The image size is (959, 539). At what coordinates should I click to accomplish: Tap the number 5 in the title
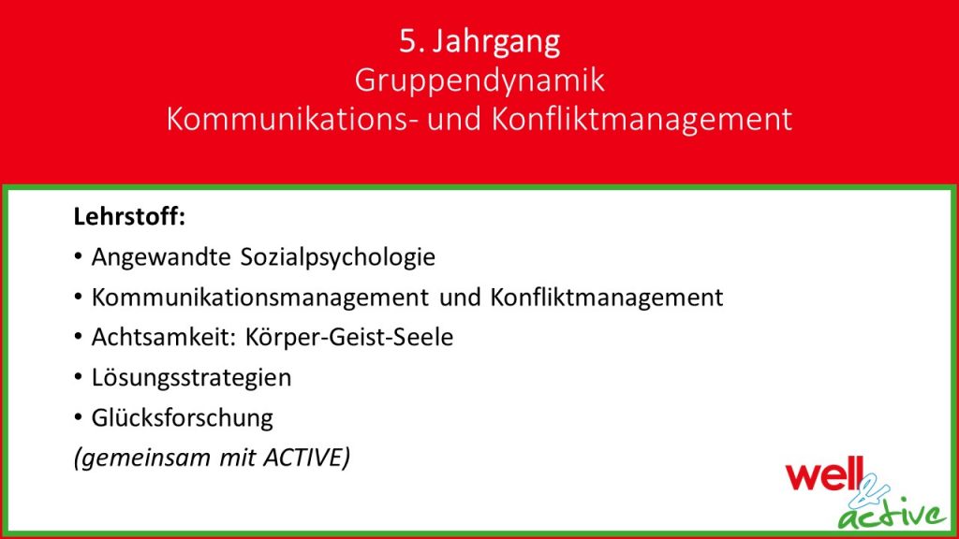tap(407, 41)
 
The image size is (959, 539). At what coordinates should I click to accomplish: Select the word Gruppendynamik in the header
tap(479, 81)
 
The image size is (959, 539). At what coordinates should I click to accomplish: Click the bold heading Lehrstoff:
tap(129, 216)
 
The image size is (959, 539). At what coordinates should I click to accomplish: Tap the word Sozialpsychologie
tap(337, 257)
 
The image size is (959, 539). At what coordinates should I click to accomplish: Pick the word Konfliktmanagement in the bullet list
tap(606, 298)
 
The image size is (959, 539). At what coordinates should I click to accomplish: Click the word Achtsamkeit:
tap(163, 337)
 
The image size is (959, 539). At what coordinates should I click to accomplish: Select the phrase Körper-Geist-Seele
tap(349, 338)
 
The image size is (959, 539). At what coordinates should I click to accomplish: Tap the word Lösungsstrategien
tap(191, 378)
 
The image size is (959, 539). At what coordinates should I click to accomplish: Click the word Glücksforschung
tap(183, 418)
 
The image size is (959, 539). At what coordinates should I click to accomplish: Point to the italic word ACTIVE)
tap(307, 457)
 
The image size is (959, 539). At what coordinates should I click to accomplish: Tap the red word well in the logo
tap(824, 474)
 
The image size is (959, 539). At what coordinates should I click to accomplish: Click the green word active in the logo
tap(892, 515)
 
